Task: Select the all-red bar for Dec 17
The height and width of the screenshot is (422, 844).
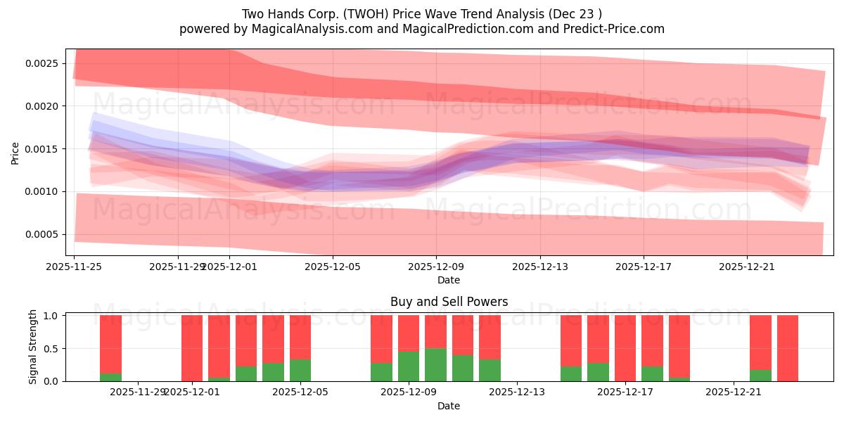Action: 625,348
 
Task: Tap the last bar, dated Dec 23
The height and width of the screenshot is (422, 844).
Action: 788,348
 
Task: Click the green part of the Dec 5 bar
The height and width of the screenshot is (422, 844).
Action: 300,371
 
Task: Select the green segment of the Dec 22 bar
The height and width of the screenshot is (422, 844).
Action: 760,376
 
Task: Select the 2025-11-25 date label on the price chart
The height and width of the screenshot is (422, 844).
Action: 75,267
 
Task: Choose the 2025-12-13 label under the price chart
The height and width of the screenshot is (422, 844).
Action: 539,267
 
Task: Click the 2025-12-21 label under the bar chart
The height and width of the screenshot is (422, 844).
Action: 734,392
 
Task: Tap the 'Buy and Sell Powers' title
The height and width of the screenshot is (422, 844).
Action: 449,302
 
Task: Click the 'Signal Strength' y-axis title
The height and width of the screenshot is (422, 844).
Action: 33,347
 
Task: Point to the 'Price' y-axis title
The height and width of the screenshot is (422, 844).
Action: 15,152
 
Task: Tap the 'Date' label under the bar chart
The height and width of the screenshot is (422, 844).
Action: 449,406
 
